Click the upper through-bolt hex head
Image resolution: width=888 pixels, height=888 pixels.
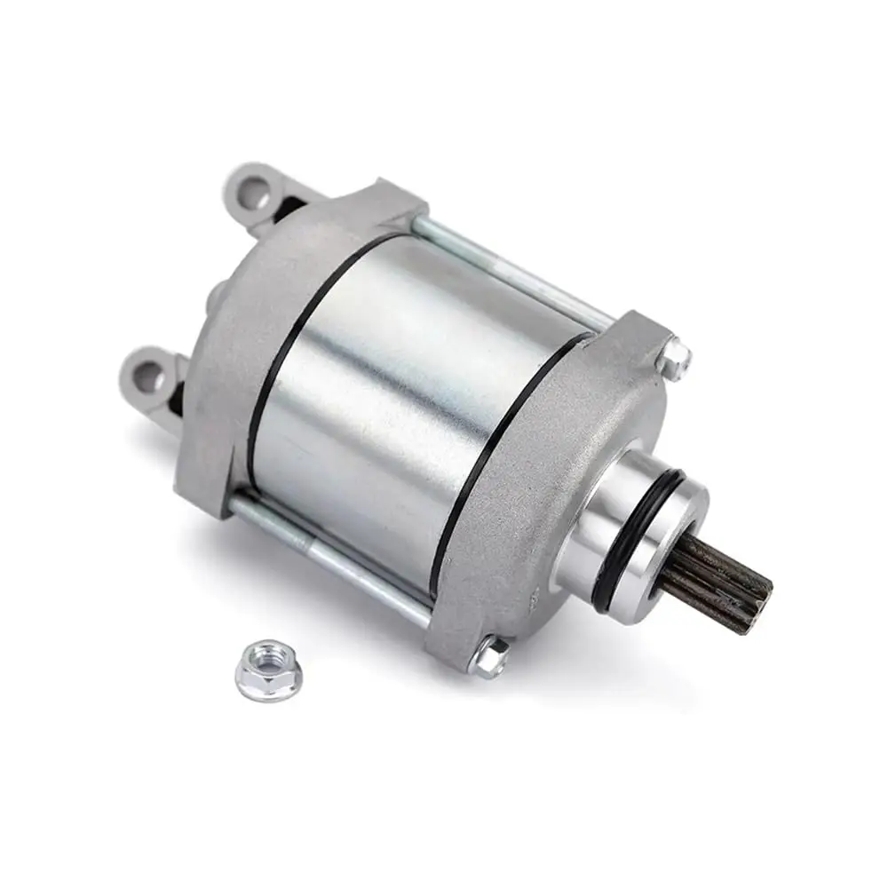(677, 356)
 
